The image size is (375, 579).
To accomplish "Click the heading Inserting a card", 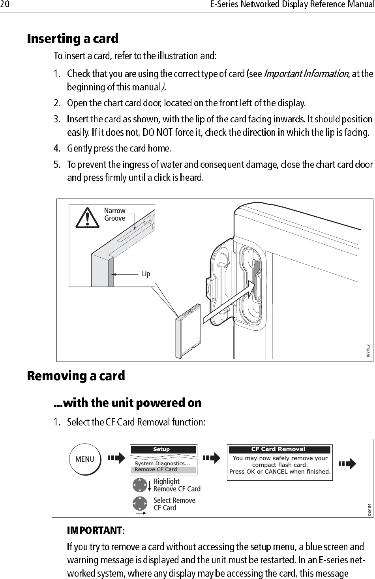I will coord(72,39).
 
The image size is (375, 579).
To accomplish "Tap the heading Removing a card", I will coord(76,376).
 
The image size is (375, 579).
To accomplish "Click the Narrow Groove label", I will coord(114,214).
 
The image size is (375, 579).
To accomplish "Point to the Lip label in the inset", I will coord(146,274).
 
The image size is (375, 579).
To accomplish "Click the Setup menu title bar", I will coord(163,450).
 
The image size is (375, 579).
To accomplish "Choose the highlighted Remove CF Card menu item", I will coord(163,470).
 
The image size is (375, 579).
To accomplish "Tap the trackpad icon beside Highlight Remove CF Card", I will coord(140,485).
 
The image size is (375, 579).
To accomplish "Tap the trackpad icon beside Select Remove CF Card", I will coord(140,504).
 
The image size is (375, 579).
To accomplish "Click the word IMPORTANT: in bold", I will coord(96,530).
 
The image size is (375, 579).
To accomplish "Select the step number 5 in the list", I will coord(57,164).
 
